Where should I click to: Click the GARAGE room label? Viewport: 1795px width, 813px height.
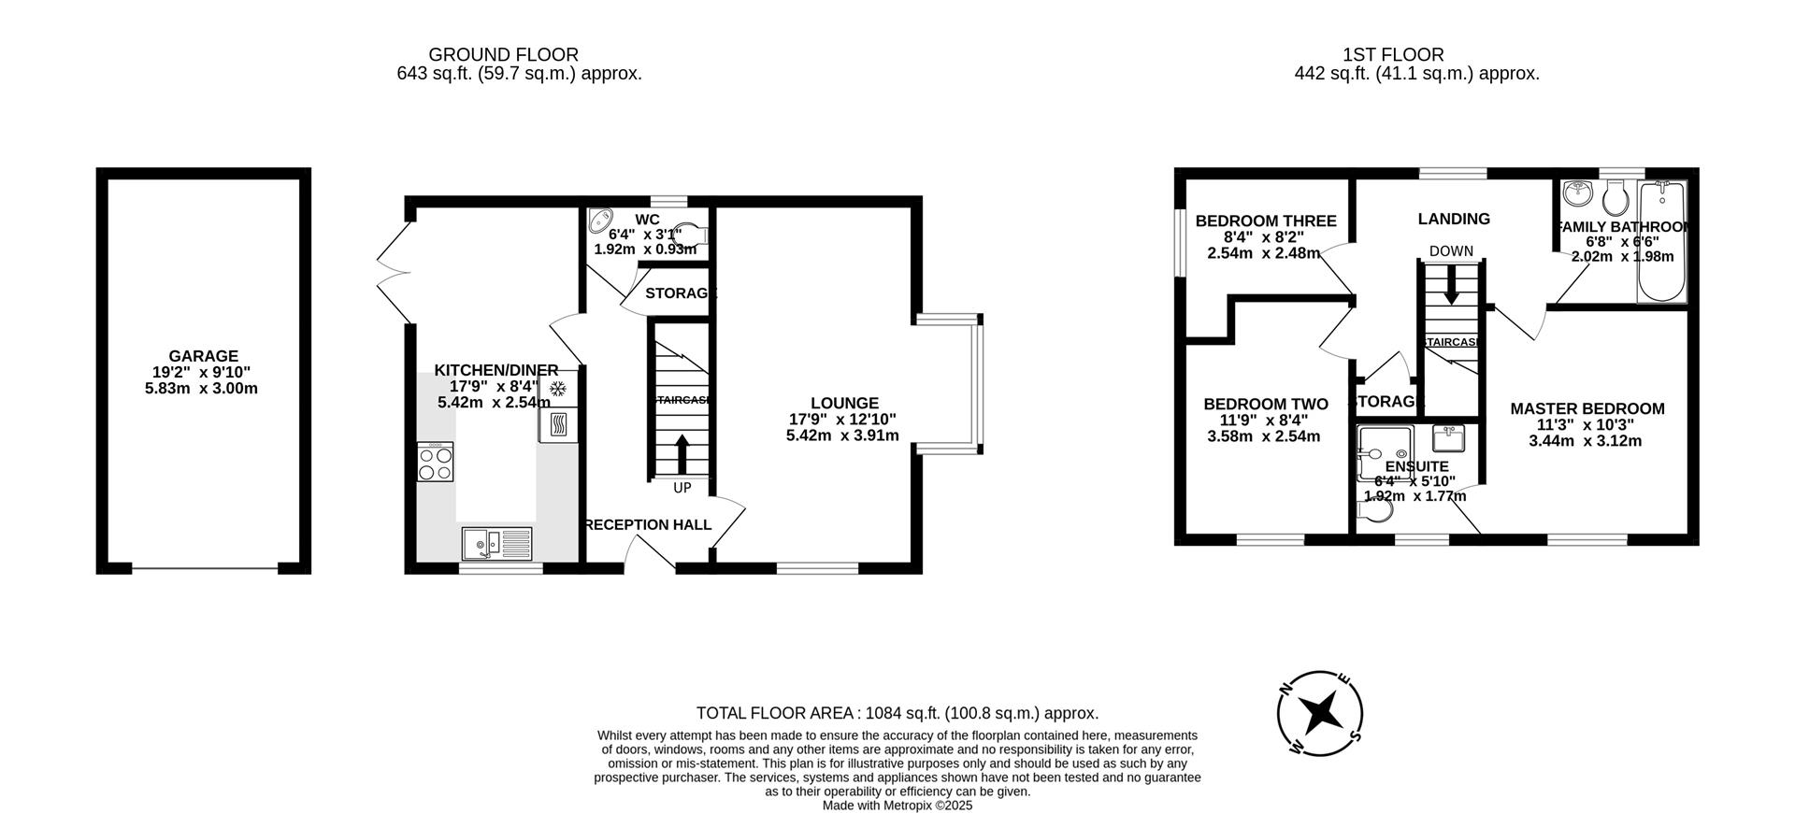point(203,356)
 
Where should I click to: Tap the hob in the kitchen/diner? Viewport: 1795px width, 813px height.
point(436,462)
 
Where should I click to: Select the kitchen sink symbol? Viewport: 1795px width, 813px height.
point(496,542)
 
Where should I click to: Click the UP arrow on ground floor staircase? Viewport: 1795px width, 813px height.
point(682,455)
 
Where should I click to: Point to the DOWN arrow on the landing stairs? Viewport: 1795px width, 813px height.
point(1451,284)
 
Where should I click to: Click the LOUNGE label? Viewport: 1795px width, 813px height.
point(843,404)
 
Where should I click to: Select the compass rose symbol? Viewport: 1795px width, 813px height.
point(1319,713)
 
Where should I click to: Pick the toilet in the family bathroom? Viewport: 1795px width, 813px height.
point(1615,197)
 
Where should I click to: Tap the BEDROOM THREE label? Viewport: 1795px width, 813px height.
point(1265,221)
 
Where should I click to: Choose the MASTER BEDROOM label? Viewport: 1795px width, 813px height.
point(1587,408)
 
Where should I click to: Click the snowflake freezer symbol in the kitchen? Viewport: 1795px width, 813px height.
point(558,388)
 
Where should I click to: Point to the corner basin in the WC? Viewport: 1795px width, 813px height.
point(599,221)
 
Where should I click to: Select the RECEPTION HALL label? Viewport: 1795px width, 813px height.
point(647,525)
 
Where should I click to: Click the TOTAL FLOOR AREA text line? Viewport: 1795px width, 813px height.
point(897,713)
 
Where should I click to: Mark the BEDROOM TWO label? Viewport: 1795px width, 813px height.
point(1265,404)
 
